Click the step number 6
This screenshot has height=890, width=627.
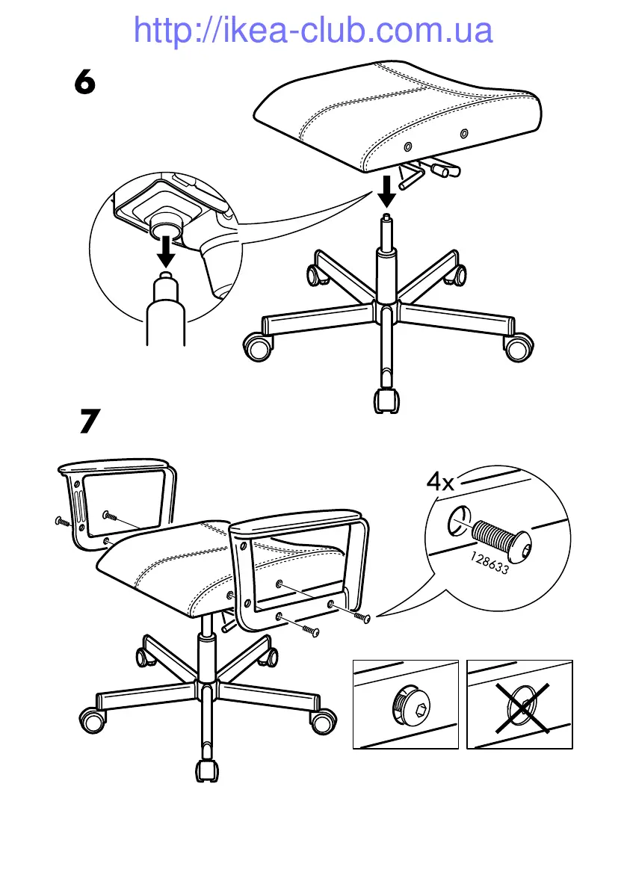85,81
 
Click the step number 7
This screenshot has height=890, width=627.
90,421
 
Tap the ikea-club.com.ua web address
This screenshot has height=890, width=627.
313,30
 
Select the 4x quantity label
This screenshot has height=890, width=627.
440,482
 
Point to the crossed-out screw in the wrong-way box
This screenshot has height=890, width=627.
525,705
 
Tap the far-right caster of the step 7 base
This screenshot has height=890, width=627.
323,722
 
